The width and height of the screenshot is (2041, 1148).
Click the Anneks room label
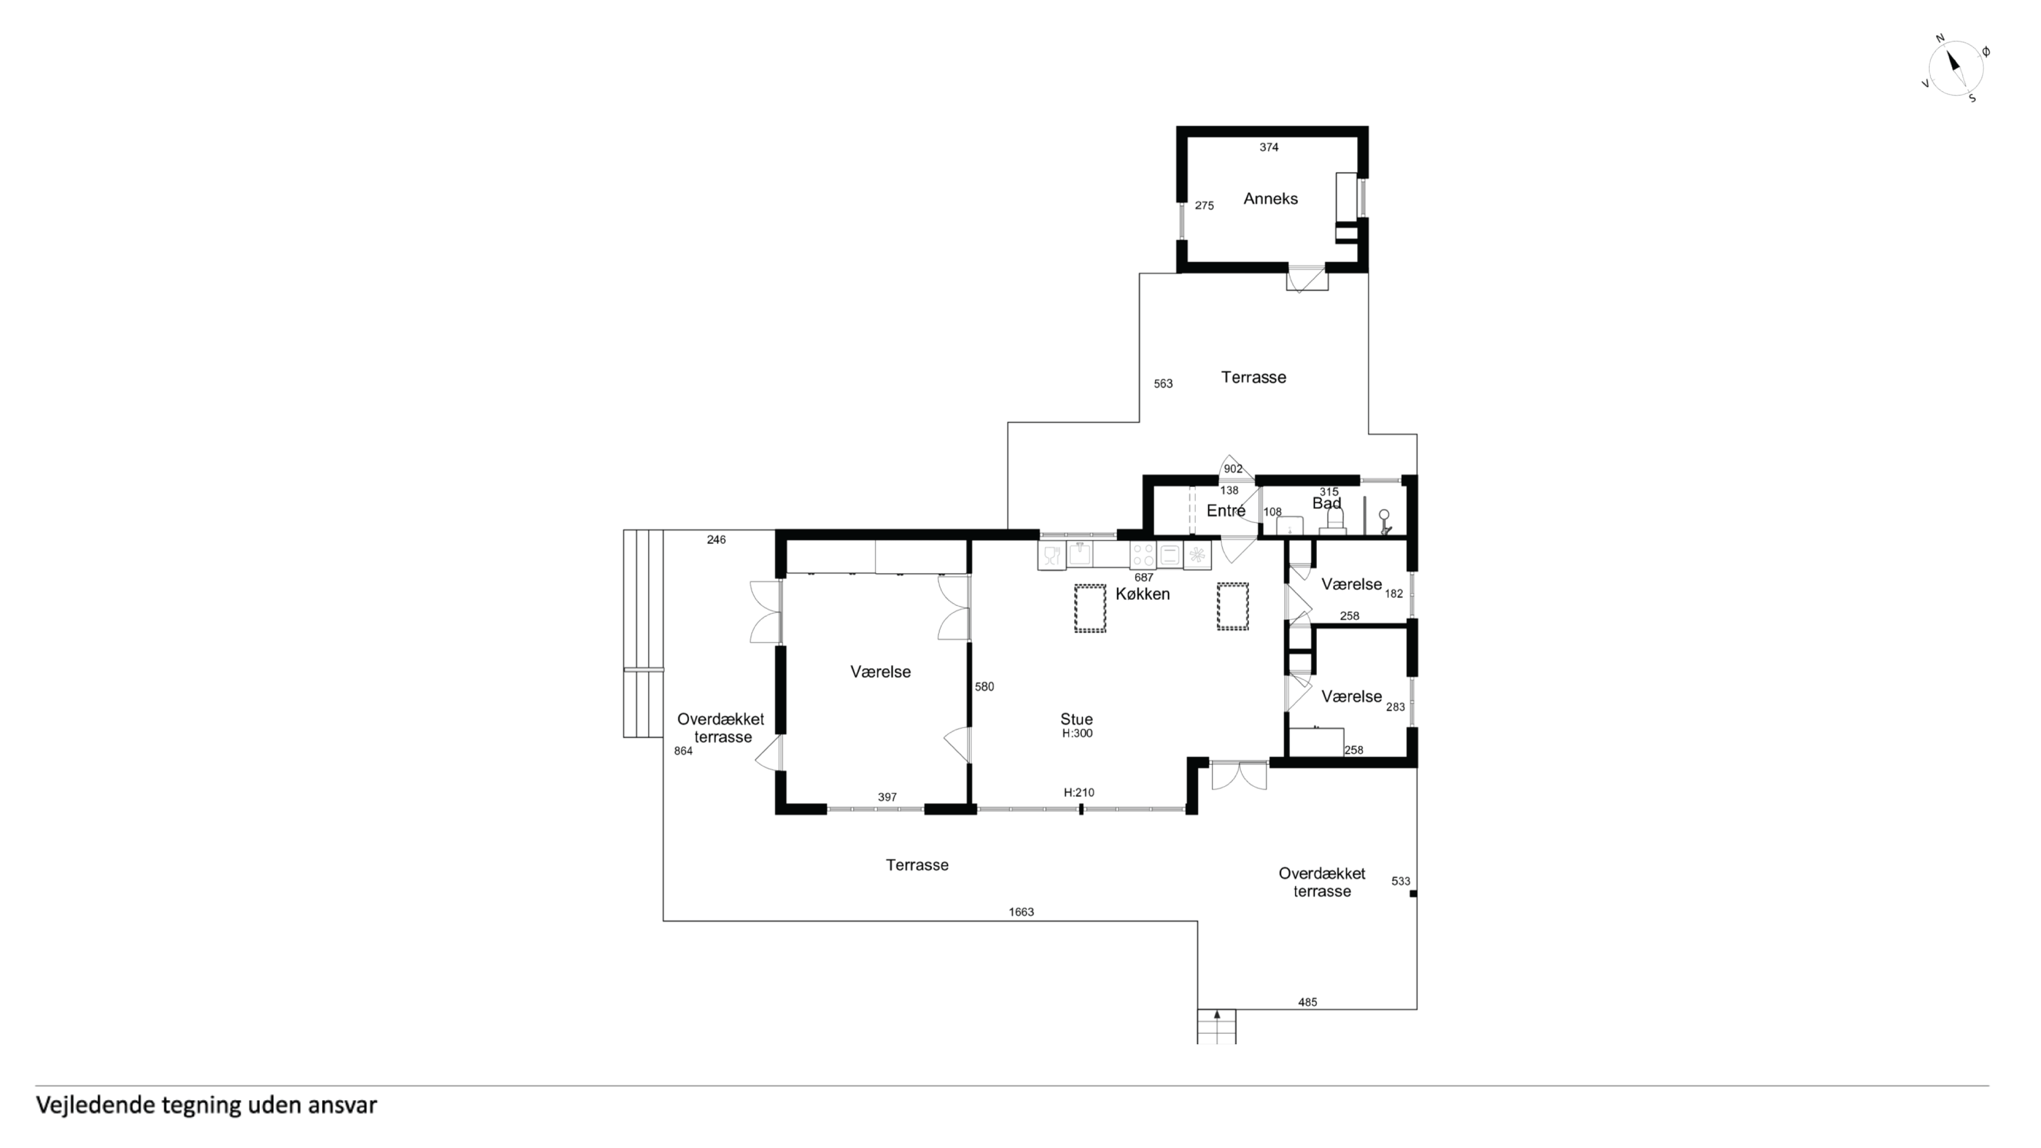point(1270,199)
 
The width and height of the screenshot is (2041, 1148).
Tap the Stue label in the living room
point(1077,719)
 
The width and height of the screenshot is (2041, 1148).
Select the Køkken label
point(1142,594)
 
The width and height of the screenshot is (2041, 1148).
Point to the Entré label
point(1226,511)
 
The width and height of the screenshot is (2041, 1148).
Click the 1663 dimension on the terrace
point(1021,912)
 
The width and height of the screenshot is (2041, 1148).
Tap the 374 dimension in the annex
point(1269,147)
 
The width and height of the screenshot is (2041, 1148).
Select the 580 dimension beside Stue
point(984,687)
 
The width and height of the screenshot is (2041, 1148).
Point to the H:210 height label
point(1079,792)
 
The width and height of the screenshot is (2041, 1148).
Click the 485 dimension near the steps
point(1307,1002)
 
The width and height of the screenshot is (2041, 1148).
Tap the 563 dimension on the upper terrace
point(1163,384)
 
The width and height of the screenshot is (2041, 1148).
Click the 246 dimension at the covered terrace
point(716,540)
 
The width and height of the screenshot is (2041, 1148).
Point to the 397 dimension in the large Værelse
point(887,798)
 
